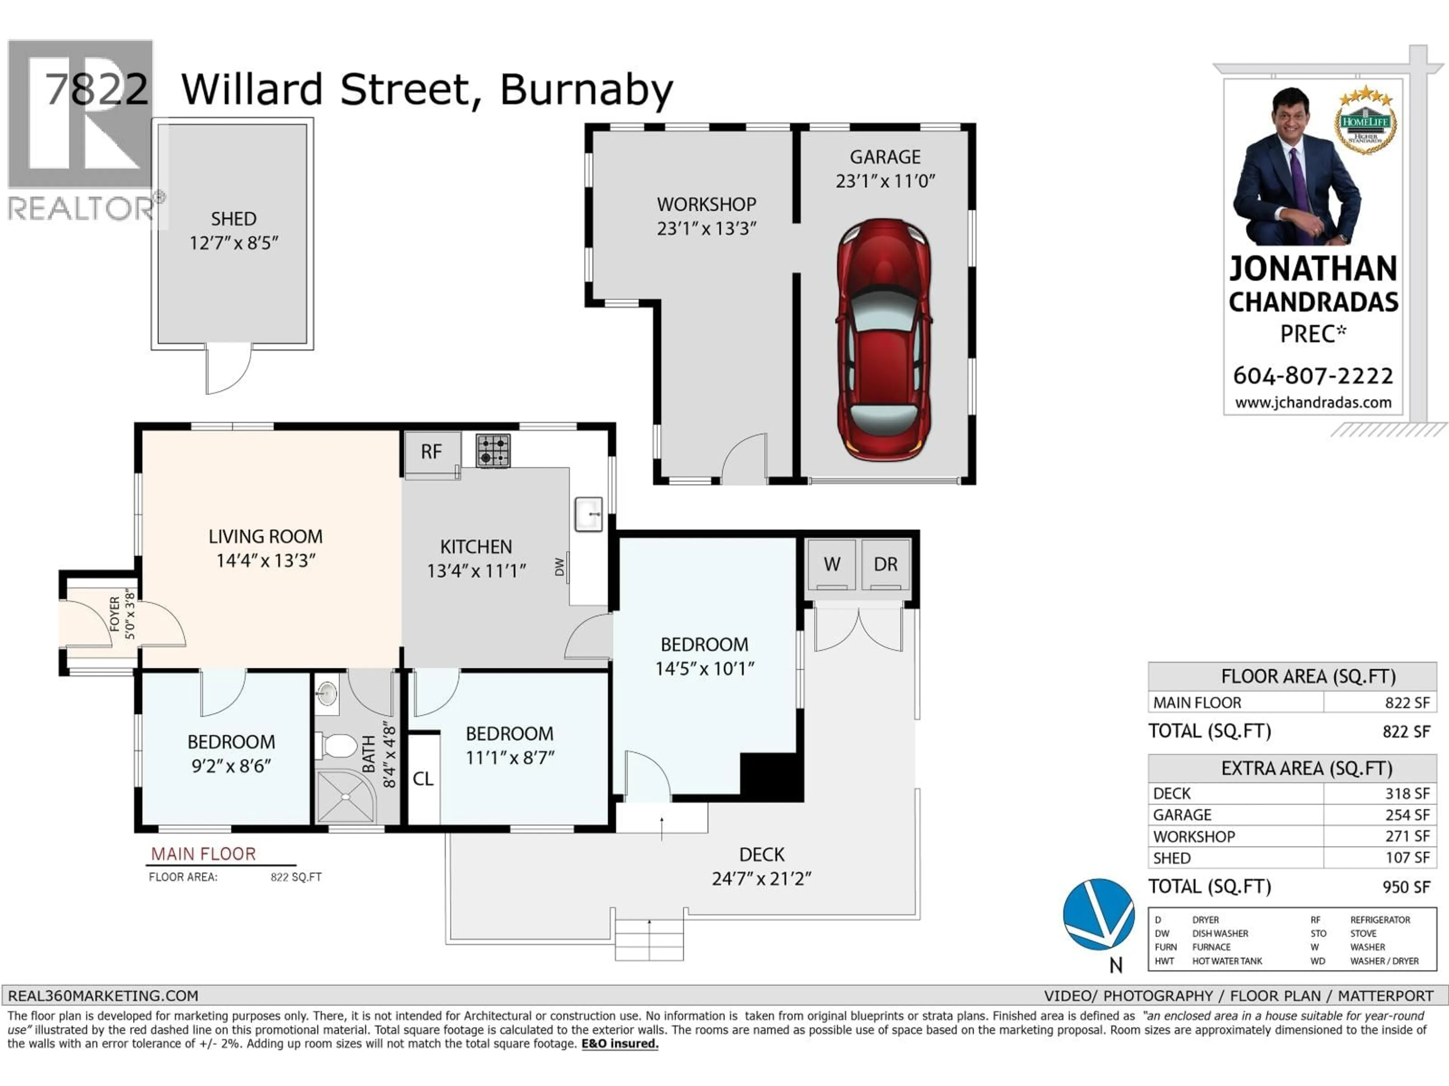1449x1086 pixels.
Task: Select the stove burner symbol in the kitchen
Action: [492, 451]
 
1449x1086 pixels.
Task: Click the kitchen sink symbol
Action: [588, 514]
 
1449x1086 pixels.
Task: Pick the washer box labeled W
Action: [831, 564]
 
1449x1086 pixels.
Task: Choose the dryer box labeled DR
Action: [885, 564]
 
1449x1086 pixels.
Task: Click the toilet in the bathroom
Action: [336, 745]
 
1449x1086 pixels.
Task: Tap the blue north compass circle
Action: [1098, 914]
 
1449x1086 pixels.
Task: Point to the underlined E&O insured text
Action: [620, 1043]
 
